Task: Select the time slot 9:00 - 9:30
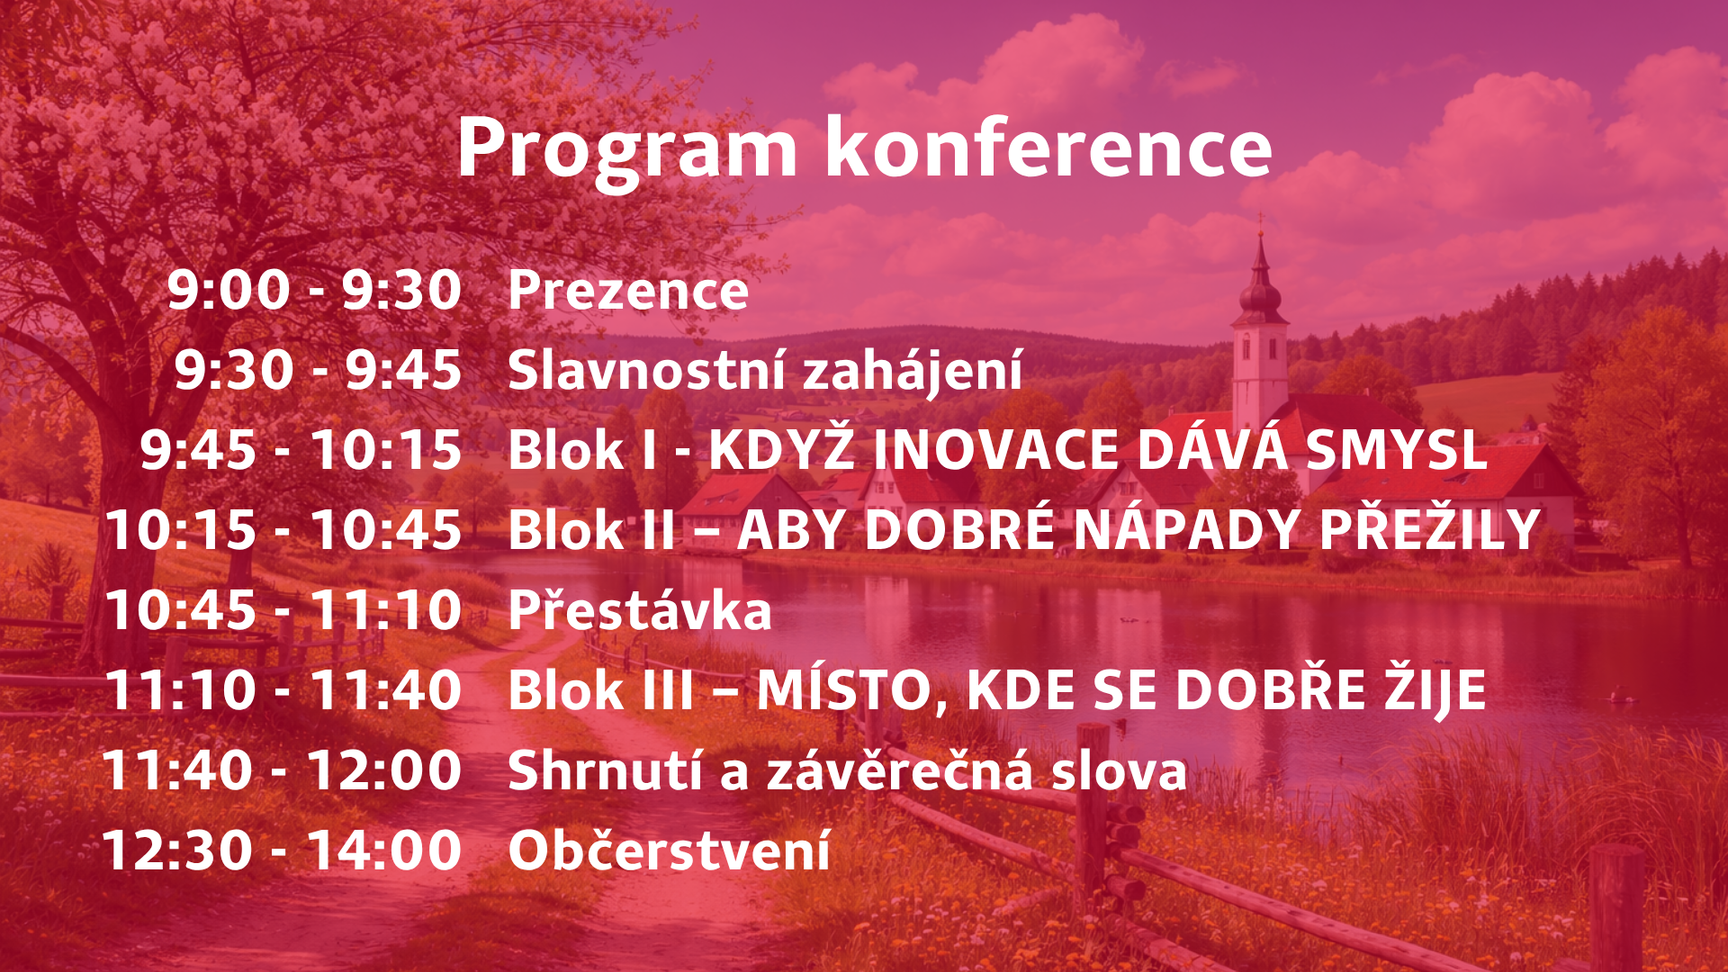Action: click(315, 291)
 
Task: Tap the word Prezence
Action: click(628, 291)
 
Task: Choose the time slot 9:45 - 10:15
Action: click(301, 450)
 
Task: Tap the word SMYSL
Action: click(1395, 450)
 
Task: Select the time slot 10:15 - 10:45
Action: click(283, 530)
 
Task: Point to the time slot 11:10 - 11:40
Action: click(283, 690)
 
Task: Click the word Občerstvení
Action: click(669, 849)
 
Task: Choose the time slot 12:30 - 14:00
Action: click(282, 850)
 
